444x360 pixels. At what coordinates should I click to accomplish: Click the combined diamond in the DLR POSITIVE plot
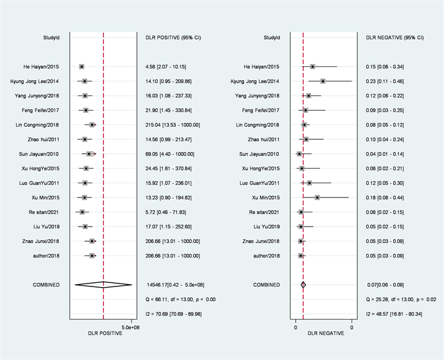click(103, 285)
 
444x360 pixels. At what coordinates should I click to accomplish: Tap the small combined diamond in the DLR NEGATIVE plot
click(303, 285)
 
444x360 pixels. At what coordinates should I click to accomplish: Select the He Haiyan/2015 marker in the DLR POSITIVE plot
click(81, 66)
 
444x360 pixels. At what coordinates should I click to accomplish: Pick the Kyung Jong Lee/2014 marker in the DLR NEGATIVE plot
click(322, 81)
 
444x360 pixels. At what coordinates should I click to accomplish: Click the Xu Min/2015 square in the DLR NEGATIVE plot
click(317, 197)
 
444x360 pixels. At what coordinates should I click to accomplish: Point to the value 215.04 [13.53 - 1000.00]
click(173, 125)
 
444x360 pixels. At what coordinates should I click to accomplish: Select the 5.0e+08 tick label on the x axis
click(130, 327)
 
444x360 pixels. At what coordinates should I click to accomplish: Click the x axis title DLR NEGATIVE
click(323, 333)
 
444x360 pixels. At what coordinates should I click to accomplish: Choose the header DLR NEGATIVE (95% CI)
click(395, 37)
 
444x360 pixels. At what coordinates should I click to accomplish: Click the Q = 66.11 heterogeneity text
click(180, 299)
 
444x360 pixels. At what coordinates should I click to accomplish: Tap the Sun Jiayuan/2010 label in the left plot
click(41, 154)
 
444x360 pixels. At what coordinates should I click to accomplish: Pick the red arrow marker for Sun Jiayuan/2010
click(92, 154)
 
